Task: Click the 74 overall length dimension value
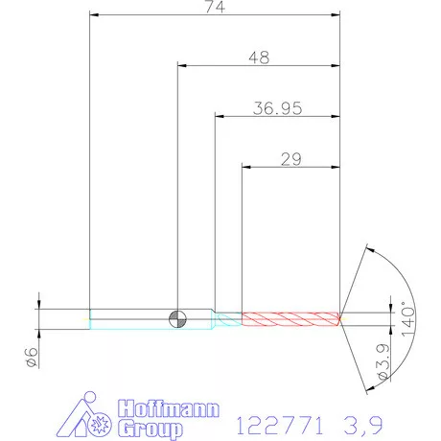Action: point(215,7)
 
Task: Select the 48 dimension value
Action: point(259,58)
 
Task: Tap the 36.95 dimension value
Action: point(277,108)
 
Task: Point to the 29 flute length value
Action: point(291,159)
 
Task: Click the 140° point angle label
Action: point(408,318)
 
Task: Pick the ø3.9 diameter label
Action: point(383,361)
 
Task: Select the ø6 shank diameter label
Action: point(32,357)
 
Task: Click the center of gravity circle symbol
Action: point(177,319)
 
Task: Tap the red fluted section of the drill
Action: point(290,319)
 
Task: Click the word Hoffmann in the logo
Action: point(169,408)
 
